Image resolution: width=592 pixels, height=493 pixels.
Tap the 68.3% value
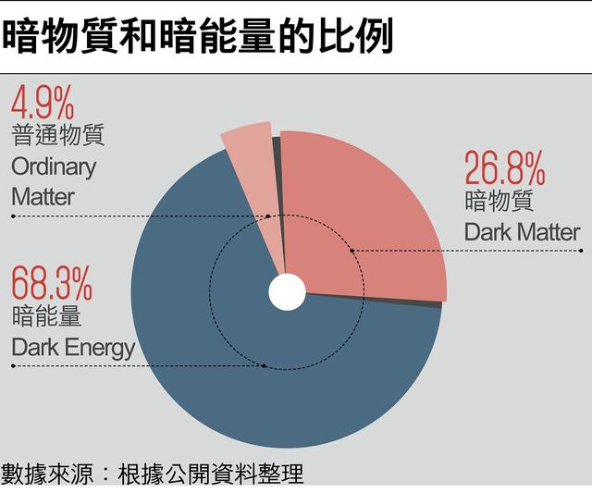click(x=51, y=281)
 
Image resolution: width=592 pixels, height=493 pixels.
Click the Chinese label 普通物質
click(x=57, y=136)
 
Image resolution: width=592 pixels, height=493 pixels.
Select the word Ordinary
click(x=54, y=167)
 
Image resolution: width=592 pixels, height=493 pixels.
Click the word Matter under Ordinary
click(x=43, y=197)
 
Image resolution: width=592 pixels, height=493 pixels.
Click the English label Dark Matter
click(x=522, y=231)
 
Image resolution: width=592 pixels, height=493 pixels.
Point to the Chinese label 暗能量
click(x=46, y=316)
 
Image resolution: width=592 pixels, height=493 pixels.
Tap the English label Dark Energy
click(x=73, y=348)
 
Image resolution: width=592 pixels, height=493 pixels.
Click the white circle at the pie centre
click(x=287, y=292)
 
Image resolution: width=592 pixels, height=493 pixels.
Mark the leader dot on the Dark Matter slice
click(x=352, y=251)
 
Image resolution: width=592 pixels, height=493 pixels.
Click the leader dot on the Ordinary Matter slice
click(x=269, y=216)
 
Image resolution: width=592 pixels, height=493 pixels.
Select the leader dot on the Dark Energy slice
click(x=264, y=366)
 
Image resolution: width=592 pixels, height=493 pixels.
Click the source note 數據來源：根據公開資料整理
click(x=153, y=474)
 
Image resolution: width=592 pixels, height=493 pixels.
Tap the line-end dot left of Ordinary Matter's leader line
click(x=13, y=216)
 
